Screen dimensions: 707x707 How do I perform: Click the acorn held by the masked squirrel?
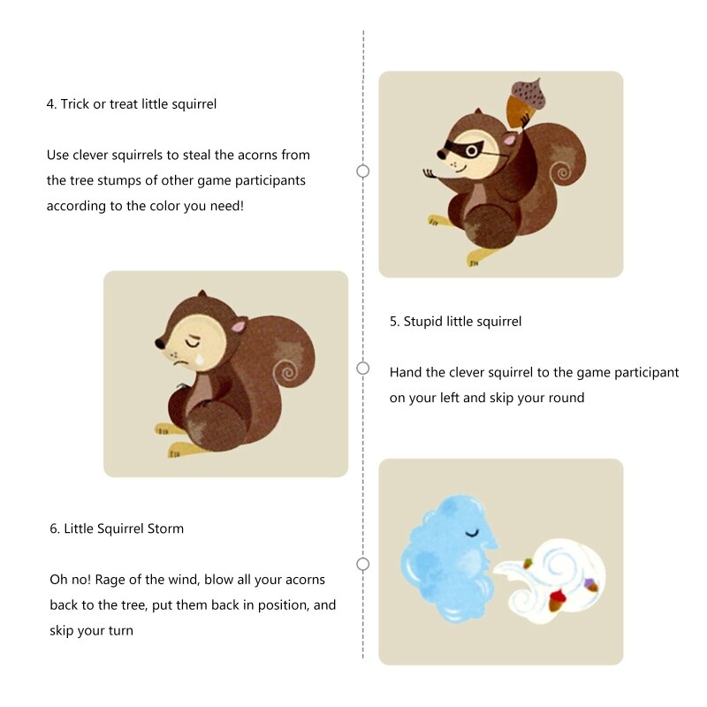(527, 100)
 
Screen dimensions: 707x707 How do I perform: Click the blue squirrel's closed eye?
(474, 532)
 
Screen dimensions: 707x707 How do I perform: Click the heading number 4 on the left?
(50, 103)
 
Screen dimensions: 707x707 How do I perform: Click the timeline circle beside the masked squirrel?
(362, 171)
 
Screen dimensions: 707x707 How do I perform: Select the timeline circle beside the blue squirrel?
(362, 564)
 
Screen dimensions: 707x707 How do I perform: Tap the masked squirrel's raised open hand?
(430, 173)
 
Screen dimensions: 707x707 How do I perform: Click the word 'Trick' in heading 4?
(75, 103)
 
